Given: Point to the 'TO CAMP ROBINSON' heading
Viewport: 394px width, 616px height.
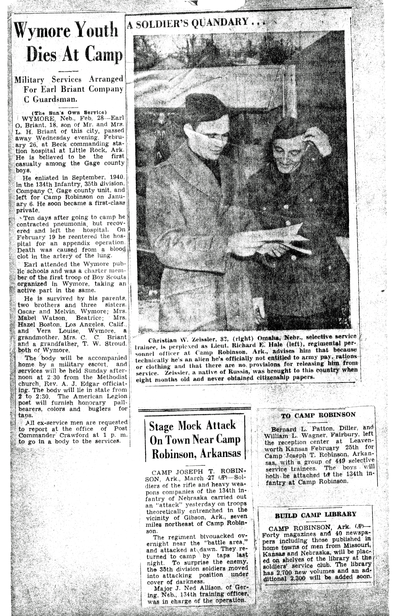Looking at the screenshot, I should [318, 415].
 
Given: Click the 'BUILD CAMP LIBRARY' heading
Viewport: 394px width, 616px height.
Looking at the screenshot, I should [315, 515].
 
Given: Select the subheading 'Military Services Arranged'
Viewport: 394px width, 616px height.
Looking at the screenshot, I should [69, 79].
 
